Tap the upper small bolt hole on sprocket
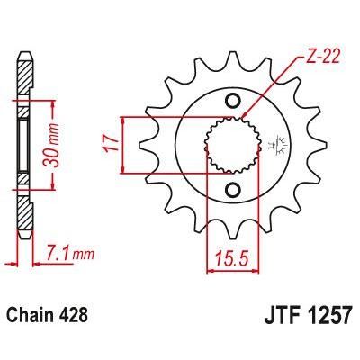(233, 99)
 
